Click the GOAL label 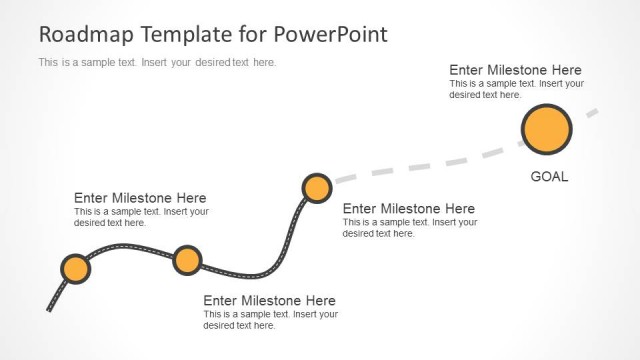pos(549,177)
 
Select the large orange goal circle pos(547,130)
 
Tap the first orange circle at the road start pos(75,269)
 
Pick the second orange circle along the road pos(187,260)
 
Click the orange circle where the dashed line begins pos(317,188)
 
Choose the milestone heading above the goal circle pos(515,70)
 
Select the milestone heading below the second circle pos(269,300)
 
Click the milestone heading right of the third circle pos(409,208)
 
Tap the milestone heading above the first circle pos(140,198)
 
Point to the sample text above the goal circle pos(516,89)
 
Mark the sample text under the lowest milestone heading pos(270,319)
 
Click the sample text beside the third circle pos(409,227)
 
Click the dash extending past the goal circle pos(592,113)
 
